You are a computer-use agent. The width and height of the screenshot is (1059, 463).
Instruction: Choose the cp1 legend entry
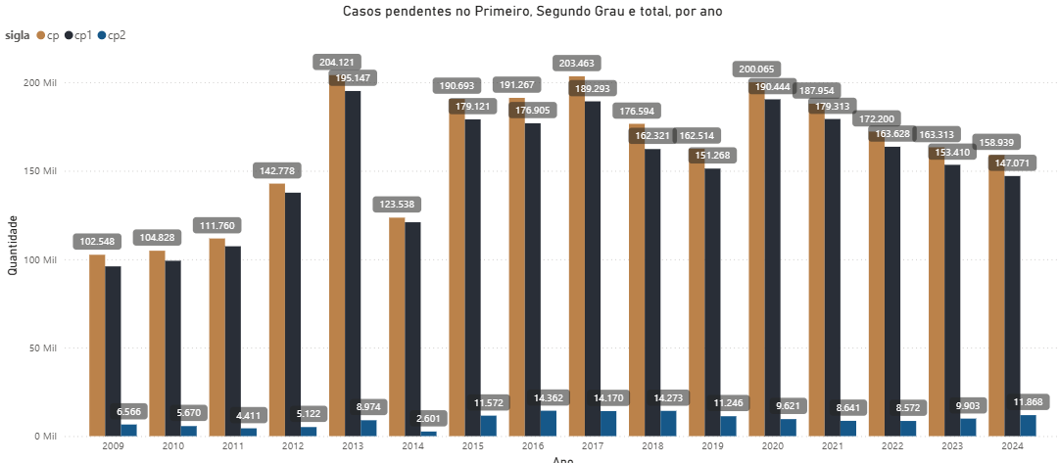click(81, 35)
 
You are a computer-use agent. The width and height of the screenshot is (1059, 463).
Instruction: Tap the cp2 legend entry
click(116, 35)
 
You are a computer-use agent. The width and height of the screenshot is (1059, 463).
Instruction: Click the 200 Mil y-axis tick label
click(41, 83)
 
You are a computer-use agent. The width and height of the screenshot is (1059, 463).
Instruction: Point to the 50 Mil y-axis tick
click(44, 348)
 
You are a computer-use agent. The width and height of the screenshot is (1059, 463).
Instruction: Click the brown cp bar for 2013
click(337, 264)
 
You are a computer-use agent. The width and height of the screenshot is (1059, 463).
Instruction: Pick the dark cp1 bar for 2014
click(412, 329)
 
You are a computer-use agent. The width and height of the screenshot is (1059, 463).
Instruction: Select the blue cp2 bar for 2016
click(549, 424)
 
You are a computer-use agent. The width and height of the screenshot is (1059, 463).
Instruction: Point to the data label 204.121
click(338, 63)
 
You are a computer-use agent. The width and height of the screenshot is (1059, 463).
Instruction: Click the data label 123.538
click(397, 205)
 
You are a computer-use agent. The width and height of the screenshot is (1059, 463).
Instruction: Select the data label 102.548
click(97, 242)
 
